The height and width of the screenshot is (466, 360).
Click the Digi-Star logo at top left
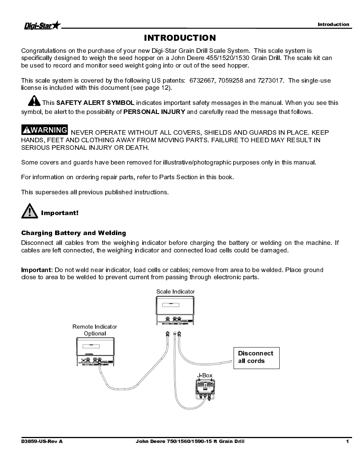pos(42,26)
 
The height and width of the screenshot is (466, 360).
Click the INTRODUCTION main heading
pos(180,38)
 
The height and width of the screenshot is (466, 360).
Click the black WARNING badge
pos(45,130)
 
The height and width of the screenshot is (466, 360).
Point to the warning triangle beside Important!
pos(29,211)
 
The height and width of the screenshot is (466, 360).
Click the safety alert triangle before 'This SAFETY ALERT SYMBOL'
pos(34,101)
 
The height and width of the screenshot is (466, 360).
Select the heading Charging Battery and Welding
pos(74,233)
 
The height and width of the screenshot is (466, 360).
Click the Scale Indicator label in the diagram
pos(175,292)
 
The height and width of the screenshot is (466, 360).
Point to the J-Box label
pos(205,375)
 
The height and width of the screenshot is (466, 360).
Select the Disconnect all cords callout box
pos(256,357)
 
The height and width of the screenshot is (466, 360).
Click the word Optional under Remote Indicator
pos(95,334)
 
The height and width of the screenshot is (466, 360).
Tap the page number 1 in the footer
pos(347,441)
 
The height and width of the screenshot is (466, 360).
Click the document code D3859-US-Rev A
pos(42,441)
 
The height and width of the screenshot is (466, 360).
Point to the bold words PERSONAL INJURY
pos(154,112)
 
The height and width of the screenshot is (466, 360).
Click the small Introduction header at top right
pos(333,25)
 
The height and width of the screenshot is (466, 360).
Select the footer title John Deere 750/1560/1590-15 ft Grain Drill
pos(190,441)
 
